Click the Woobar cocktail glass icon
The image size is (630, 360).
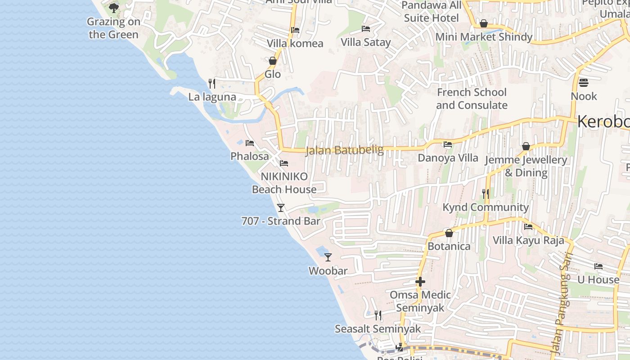pos(328,257)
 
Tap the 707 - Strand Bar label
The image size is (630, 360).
pos(281,221)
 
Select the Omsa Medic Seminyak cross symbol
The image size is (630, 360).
pos(420,282)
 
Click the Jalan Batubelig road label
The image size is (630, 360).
pos(344,150)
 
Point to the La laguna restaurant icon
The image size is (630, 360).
pos(212,83)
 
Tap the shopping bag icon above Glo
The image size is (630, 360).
pos(272,61)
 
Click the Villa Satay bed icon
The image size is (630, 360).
pos(366,29)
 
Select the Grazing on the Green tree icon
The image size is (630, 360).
pos(114,8)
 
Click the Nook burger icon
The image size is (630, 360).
pos(583,83)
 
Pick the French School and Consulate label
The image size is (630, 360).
pos(472,99)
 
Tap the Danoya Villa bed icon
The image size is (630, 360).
pos(448,144)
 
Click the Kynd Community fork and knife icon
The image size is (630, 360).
pos(486,194)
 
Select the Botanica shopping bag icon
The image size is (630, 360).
pos(449,233)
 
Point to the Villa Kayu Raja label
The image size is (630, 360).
pos(528,240)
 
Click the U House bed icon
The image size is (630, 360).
pos(598,266)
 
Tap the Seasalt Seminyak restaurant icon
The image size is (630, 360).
pos(378,315)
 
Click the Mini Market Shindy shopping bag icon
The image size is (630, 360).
pos(484,23)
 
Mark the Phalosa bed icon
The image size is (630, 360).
pos(250,143)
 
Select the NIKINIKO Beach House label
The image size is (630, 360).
pos(284,183)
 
